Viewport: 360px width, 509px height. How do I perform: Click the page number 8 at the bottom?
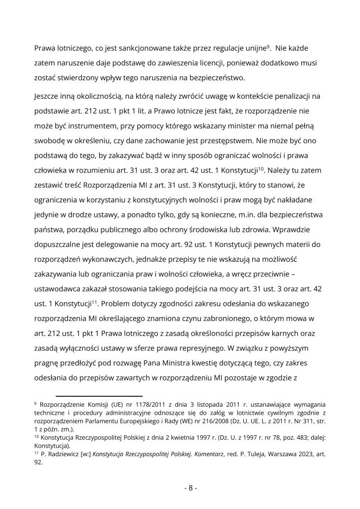tap(191, 488)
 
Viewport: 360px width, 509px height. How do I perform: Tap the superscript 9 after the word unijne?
tap(268, 47)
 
